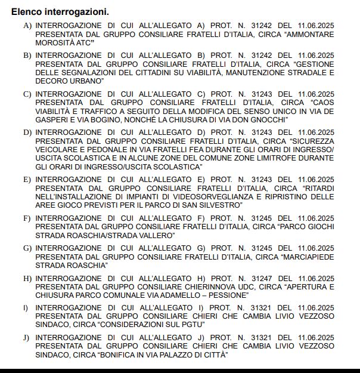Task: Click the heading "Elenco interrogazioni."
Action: point(60,12)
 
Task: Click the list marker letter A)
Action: point(27,26)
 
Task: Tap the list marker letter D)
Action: point(27,132)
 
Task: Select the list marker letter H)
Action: point(27,279)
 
